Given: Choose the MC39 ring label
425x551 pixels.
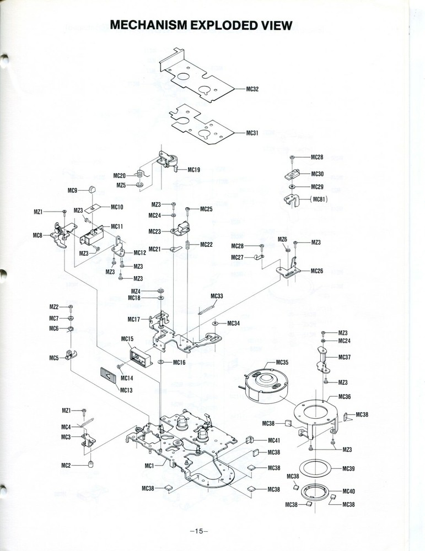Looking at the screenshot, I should point(348,468).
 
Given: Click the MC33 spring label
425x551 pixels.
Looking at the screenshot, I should point(217,296).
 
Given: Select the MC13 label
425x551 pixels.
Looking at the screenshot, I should point(127,390).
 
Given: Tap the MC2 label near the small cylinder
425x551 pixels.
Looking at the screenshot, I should point(66,466).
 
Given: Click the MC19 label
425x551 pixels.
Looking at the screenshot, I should point(193,170).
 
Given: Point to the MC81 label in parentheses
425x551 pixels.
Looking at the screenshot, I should point(320,199).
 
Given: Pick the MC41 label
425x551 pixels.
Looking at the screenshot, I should point(274,440).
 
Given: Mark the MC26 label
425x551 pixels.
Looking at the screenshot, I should point(317,271).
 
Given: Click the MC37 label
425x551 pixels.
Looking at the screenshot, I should point(345,357).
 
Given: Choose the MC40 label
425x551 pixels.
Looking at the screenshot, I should point(348,491).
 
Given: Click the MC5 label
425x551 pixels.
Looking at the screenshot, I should point(53,358).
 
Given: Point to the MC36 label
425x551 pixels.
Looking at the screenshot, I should point(345,397).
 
